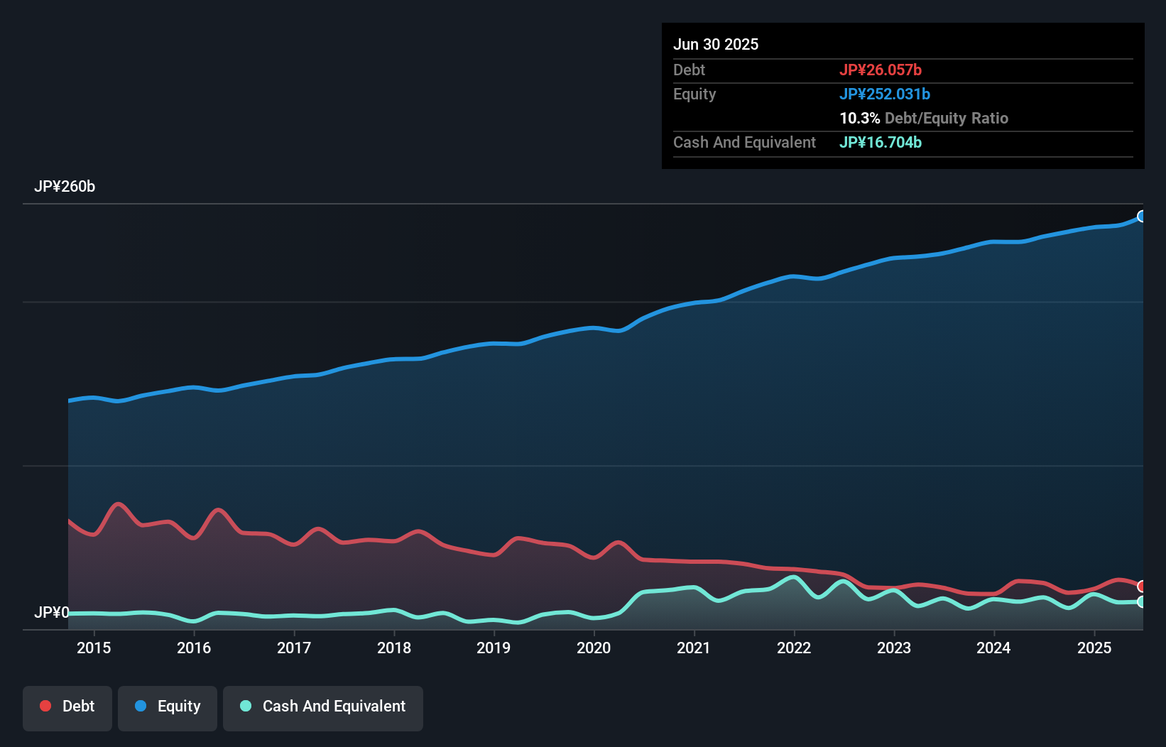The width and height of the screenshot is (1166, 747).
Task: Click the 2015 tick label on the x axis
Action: (94, 648)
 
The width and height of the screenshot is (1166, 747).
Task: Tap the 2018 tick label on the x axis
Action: (394, 648)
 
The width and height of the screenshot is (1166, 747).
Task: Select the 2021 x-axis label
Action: (694, 648)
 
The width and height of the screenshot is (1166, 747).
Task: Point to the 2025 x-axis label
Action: (1094, 648)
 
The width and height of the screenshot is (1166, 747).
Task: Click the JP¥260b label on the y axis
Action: (65, 187)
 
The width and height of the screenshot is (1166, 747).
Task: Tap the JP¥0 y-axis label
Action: (51, 612)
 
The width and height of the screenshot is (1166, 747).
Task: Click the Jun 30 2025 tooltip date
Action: (716, 45)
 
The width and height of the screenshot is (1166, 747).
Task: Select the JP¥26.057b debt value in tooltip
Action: (881, 70)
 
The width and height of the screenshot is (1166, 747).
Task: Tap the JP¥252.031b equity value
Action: (885, 94)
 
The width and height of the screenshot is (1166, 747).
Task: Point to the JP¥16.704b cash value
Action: (881, 142)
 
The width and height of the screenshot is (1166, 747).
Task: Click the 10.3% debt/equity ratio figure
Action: (859, 118)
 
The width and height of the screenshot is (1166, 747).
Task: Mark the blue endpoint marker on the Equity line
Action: (1142, 217)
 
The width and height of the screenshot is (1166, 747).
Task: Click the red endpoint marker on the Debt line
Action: (1142, 586)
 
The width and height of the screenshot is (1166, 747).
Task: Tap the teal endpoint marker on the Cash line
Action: (1142, 601)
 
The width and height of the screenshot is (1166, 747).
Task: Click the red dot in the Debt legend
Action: (45, 706)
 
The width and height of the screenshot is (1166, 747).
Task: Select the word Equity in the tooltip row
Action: (694, 94)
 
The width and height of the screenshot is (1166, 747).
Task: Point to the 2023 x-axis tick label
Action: (894, 648)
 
